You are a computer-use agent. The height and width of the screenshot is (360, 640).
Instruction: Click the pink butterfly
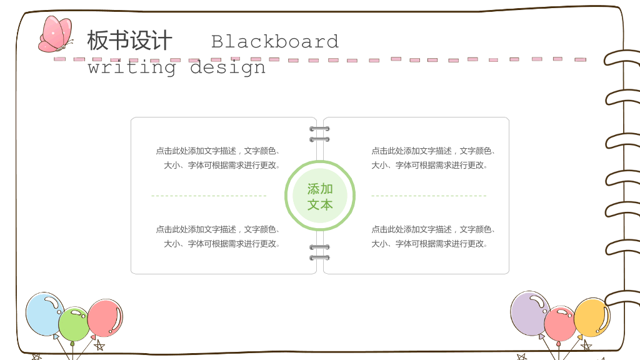tap(56, 35)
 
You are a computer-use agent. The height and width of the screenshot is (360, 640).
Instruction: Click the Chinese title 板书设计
tap(129, 41)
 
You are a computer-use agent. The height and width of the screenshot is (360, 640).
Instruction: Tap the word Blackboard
tap(275, 42)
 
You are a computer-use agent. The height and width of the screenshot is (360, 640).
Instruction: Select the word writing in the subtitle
tap(132, 67)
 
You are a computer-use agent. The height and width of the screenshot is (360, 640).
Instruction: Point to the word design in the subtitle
tap(227, 67)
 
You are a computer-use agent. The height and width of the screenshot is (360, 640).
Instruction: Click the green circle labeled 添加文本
tap(320, 196)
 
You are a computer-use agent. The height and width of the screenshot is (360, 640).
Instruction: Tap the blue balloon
tap(44, 314)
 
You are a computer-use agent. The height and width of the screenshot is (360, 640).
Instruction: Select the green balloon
tap(74, 324)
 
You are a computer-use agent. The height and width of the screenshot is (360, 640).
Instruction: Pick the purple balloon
tap(530, 314)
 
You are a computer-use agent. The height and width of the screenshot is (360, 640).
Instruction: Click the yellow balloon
tap(592, 317)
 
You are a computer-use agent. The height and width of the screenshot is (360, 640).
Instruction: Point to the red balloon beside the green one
tap(105, 318)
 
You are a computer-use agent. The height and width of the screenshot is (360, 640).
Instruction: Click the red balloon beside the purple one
tap(559, 324)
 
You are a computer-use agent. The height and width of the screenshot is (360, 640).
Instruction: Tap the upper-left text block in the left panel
tap(218, 158)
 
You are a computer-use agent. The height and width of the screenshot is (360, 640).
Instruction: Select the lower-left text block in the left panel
tap(218, 236)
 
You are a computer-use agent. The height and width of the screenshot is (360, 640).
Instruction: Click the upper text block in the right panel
tap(433, 158)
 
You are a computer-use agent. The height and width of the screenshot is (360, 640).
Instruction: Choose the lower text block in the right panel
tap(433, 236)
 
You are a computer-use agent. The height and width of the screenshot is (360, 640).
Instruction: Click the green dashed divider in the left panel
tap(209, 196)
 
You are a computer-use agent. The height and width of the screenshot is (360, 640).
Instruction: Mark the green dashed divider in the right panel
tap(429, 196)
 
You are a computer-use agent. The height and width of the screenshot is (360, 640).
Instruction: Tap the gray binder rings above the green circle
tap(319, 134)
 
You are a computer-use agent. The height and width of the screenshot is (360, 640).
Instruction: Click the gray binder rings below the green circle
tap(319, 252)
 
